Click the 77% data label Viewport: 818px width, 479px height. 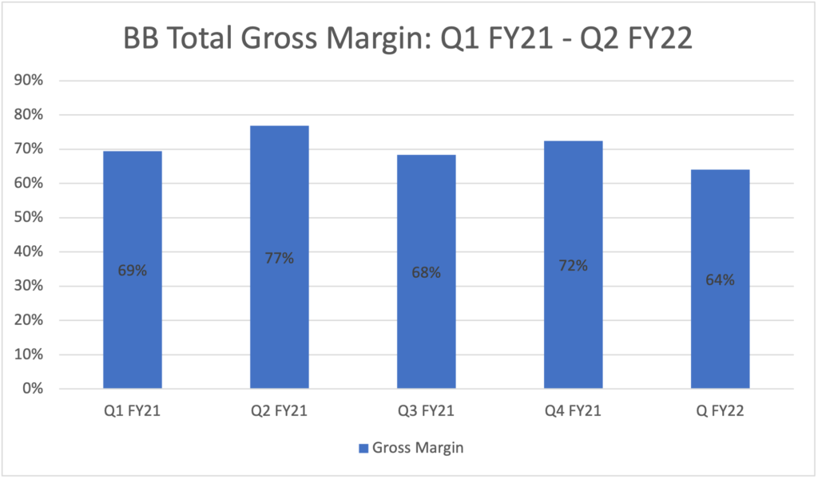279,258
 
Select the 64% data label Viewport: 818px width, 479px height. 720,280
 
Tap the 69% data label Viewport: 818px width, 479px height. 133,271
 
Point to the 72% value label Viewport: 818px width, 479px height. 573,266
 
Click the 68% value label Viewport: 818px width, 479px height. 426,272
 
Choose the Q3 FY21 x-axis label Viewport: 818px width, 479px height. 426,412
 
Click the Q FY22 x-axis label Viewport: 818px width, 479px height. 720,412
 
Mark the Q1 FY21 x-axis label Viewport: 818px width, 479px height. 133,412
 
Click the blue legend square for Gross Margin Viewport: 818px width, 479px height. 363,448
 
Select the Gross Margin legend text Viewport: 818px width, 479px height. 418,448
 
